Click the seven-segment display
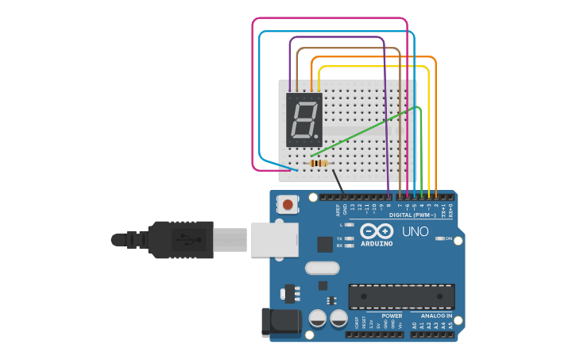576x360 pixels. tap(304, 119)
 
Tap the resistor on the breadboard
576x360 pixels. tap(319, 163)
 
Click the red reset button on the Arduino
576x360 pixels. tap(287, 204)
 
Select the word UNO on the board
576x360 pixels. tap(416, 232)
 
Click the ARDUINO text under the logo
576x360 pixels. tap(377, 243)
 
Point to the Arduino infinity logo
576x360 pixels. tap(377, 231)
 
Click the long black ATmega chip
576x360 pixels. tap(401, 296)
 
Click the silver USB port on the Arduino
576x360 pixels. tap(275, 239)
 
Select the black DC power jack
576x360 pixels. tap(280, 322)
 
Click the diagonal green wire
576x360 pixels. tap(365, 131)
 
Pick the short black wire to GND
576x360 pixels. tap(338, 182)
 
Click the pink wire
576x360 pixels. tap(254, 95)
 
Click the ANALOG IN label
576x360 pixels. tap(436, 315)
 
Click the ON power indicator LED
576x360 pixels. tap(439, 238)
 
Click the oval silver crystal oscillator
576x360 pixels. tap(322, 268)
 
